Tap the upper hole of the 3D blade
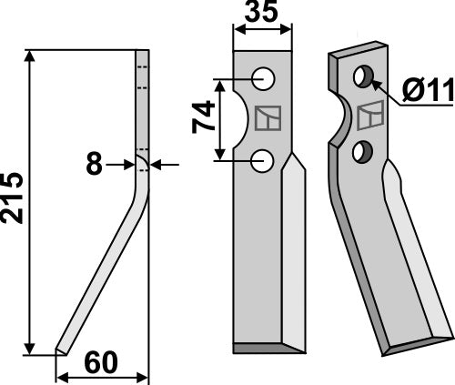pos(366,76)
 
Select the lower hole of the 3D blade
pos(363,148)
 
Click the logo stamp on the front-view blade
pos(268,120)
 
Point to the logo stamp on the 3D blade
pos(371,116)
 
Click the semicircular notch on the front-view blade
pos(243,120)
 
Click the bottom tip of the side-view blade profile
pos(60,350)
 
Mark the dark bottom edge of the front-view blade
pos(264,347)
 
